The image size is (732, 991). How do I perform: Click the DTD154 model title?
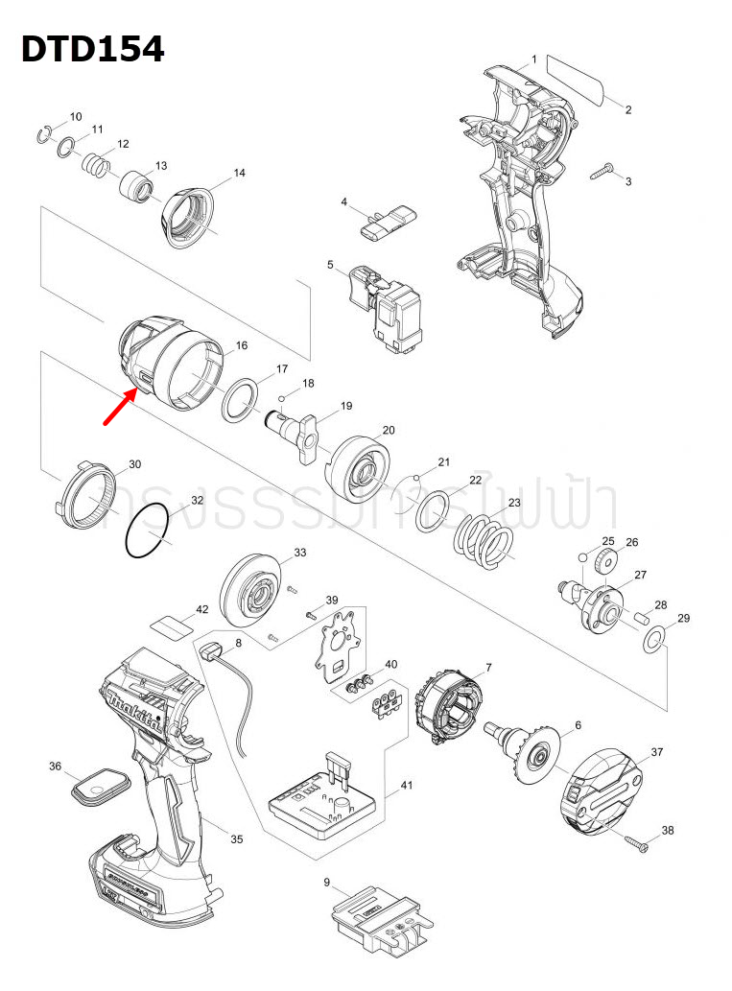(92, 48)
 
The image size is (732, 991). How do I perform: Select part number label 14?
(240, 173)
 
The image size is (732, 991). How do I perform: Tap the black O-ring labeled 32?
(147, 533)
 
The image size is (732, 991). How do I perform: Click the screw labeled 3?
(602, 171)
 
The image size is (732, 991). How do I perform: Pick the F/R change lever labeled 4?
(383, 222)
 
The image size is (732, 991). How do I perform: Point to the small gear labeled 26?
(603, 558)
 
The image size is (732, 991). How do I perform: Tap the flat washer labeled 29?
(654, 640)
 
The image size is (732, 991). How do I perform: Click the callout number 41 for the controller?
(406, 786)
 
